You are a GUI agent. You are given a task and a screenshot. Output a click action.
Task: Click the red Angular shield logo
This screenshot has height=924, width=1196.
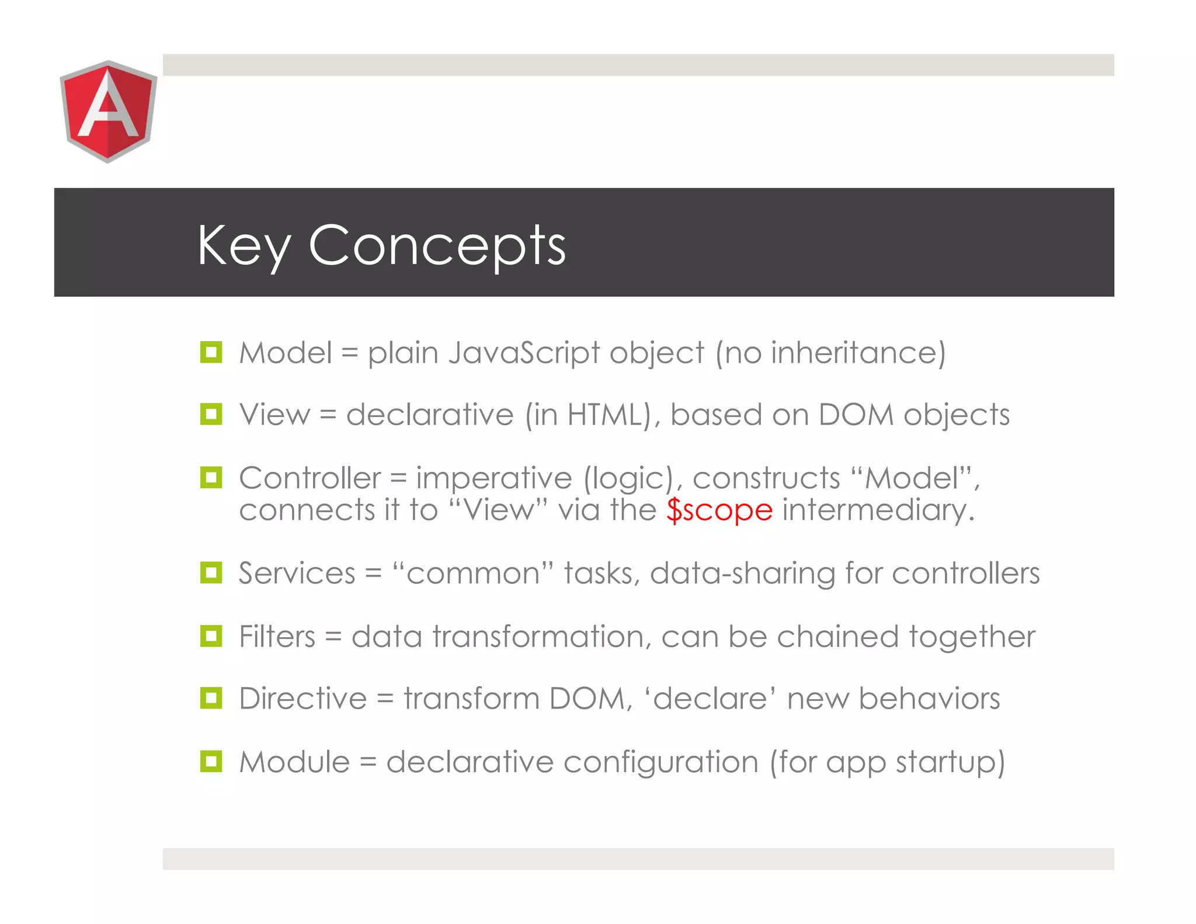pyautogui.click(x=108, y=111)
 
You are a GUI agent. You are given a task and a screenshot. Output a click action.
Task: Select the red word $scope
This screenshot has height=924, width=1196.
pyautogui.click(x=719, y=510)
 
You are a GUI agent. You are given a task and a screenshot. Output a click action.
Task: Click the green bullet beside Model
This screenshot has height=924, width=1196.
pyautogui.click(x=211, y=352)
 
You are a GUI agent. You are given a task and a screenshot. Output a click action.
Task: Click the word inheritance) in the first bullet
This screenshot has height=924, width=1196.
pyautogui.click(x=858, y=353)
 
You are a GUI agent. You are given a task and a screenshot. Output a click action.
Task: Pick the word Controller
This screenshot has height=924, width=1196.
pyautogui.click(x=310, y=478)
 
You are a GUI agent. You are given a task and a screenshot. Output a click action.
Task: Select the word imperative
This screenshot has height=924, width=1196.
pyautogui.click(x=493, y=478)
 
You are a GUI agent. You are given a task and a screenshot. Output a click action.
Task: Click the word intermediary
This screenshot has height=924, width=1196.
pyautogui.click(x=878, y=510)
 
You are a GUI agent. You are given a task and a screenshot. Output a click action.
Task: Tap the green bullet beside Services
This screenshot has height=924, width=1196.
pyautogui.click(x=211, y=573)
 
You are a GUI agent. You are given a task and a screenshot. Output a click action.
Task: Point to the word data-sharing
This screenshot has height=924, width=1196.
pyautogui.click(x=742, y=574)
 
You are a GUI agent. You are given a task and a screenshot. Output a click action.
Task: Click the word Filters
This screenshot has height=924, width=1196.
pyautogui.click(x=277, y=636)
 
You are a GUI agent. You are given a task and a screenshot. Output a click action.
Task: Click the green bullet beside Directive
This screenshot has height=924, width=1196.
pyautogui.click(x=211, y=698)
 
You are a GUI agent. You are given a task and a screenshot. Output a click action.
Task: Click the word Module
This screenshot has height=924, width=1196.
pyautogui.click(x=294, y=762)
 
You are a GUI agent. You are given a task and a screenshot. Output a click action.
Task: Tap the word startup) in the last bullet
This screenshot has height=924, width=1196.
pyautogui.click(x=950, y=762)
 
